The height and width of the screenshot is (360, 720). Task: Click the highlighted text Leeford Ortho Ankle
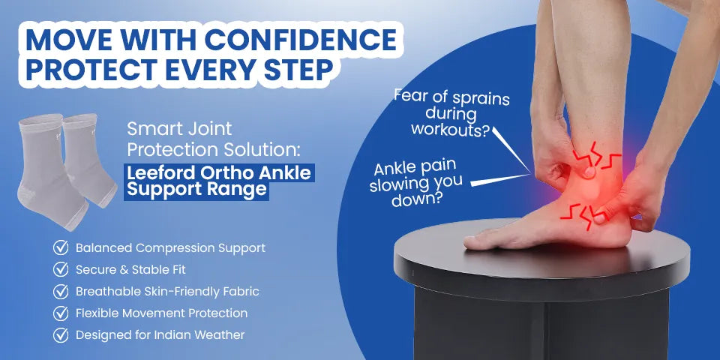click(x=218, y=173)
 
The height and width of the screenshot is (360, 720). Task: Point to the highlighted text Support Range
click(x=196, y=189)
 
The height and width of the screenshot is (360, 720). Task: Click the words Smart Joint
click(x=179, y=128)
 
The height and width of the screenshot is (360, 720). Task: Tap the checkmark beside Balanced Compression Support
click(x=61, y=247)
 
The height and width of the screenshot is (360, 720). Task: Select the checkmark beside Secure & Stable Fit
click(x=61, y=269)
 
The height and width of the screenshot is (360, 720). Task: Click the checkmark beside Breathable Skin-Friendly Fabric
click(x=61, y=291)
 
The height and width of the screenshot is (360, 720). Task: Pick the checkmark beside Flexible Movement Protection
click(x=61, y=313)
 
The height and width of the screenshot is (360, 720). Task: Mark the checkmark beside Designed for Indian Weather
click(x=61, y=334)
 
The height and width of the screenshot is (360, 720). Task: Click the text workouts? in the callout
click(x=451, y=130)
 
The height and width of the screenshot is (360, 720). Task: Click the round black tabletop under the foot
click(x=540, y=262)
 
